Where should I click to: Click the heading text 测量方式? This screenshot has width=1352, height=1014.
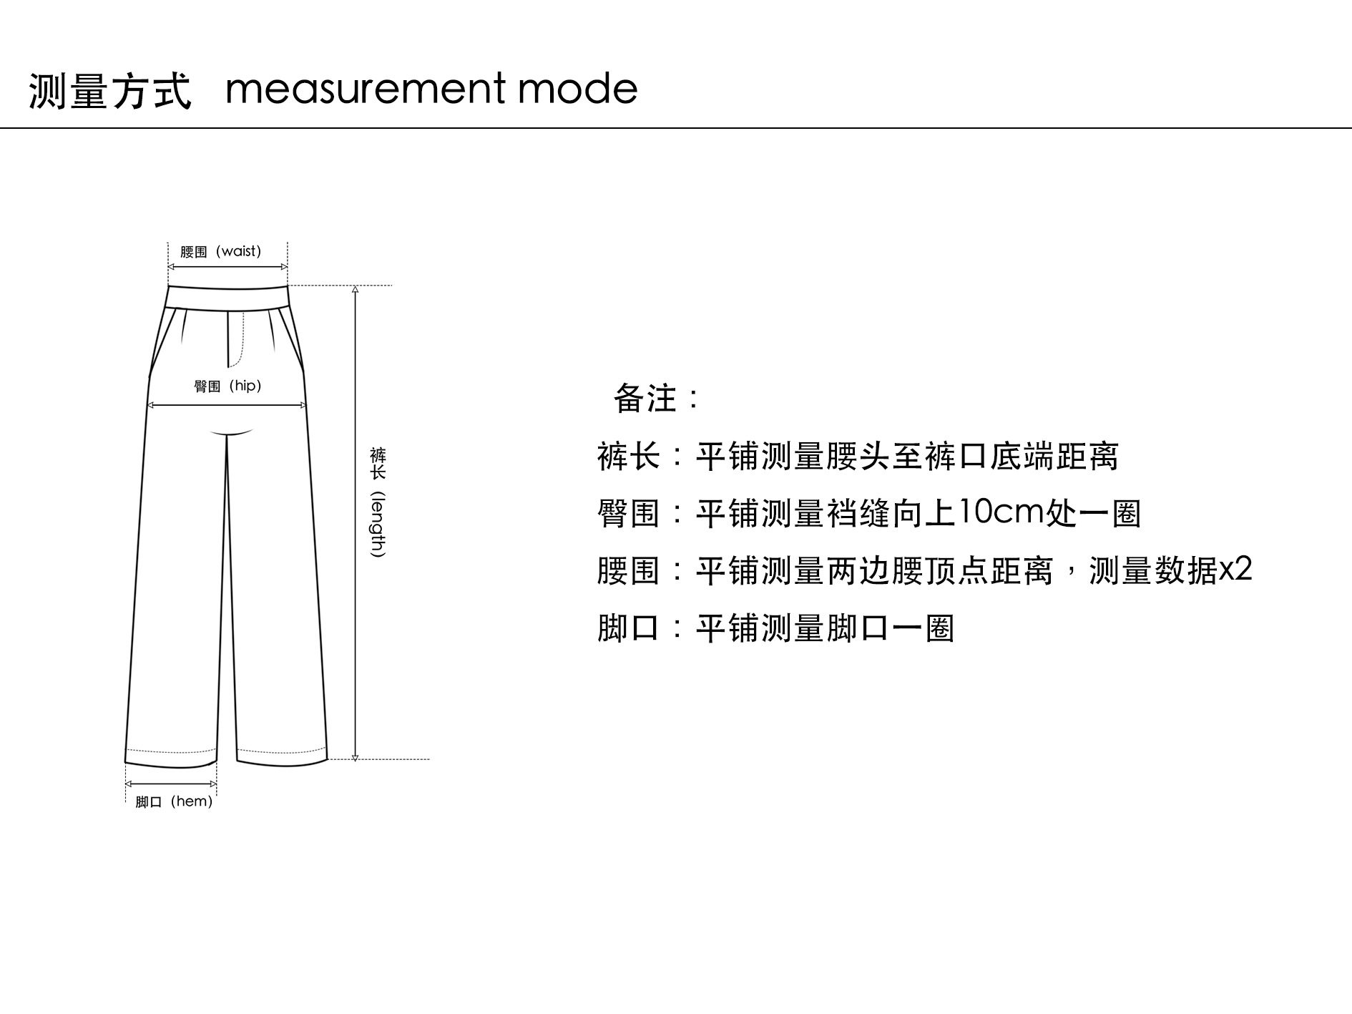coord(110,91)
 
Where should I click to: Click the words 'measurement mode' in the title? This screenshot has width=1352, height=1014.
coord(431,89)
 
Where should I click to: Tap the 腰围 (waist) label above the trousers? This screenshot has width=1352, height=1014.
coord(220,251)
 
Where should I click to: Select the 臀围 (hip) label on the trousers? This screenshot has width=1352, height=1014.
coord(227,386)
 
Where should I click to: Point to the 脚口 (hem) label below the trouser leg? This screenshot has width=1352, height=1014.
coord(174,801)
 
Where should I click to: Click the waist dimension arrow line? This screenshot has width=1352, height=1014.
coord(227,267)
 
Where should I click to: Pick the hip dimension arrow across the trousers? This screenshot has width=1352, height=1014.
coord(227,405)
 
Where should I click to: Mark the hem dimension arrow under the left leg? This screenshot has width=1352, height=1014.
coord(171,784)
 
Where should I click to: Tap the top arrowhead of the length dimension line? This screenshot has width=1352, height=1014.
coord(355,291)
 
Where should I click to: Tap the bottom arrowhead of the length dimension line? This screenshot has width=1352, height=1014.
coord(355,756)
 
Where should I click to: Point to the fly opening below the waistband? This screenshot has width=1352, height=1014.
coord(236,338)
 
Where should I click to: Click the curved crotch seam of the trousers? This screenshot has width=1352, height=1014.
coord(232,433)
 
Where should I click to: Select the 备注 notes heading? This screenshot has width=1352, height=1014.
coord(655,398)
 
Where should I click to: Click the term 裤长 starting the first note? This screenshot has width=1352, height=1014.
coord(628,457)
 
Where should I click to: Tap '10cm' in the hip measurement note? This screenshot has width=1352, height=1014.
coord(1000,512)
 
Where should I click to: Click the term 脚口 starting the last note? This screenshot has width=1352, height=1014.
coord(628,628)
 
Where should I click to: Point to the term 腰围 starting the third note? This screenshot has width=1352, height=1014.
coord(628,571)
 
